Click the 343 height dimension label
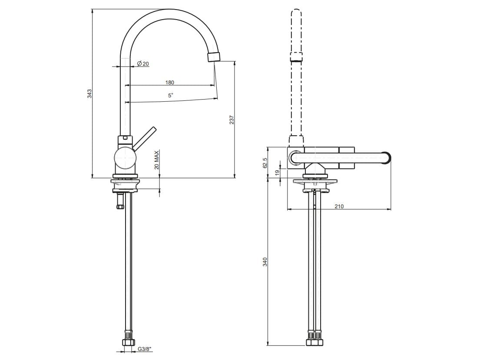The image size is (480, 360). pos(89,93)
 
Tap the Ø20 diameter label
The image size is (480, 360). pos(143,64)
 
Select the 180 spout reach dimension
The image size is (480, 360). pos(169,82)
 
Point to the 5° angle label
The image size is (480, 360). pos(171,95)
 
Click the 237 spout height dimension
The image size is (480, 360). pos(232,120)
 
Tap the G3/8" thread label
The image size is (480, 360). pos(145,349)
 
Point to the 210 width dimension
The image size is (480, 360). pos(339,207)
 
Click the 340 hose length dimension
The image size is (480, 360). pos(265,262)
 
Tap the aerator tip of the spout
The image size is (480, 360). pos(214,57)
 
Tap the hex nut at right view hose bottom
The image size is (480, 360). pos(314,342)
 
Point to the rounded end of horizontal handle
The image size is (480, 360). pos(386,158)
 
